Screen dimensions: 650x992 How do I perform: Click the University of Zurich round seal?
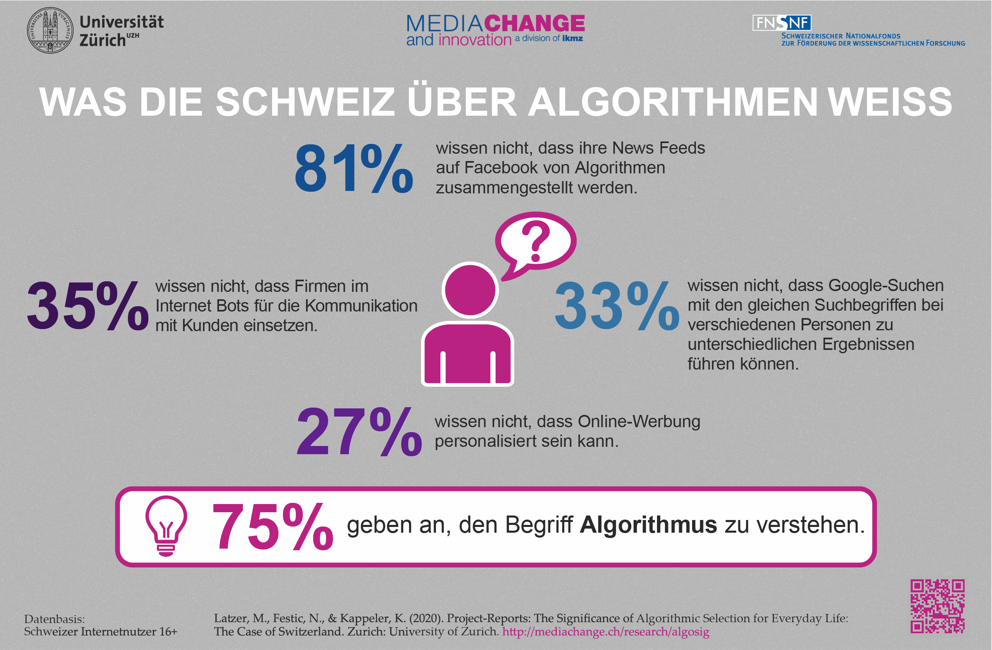(x=50, y=30)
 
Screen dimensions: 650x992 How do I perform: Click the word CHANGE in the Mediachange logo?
(x=534, y=23)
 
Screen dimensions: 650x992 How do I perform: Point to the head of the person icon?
(x=470, y=290)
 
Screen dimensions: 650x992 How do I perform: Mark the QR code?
(x=937, y=606)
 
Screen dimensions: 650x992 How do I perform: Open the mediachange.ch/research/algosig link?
(x=605, y=632)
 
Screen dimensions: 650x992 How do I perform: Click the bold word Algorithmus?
(x=648, y=524)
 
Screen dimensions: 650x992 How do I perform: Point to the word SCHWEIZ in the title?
(x=305, y=102)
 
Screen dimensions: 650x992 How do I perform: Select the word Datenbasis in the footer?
(x=54, y=619)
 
